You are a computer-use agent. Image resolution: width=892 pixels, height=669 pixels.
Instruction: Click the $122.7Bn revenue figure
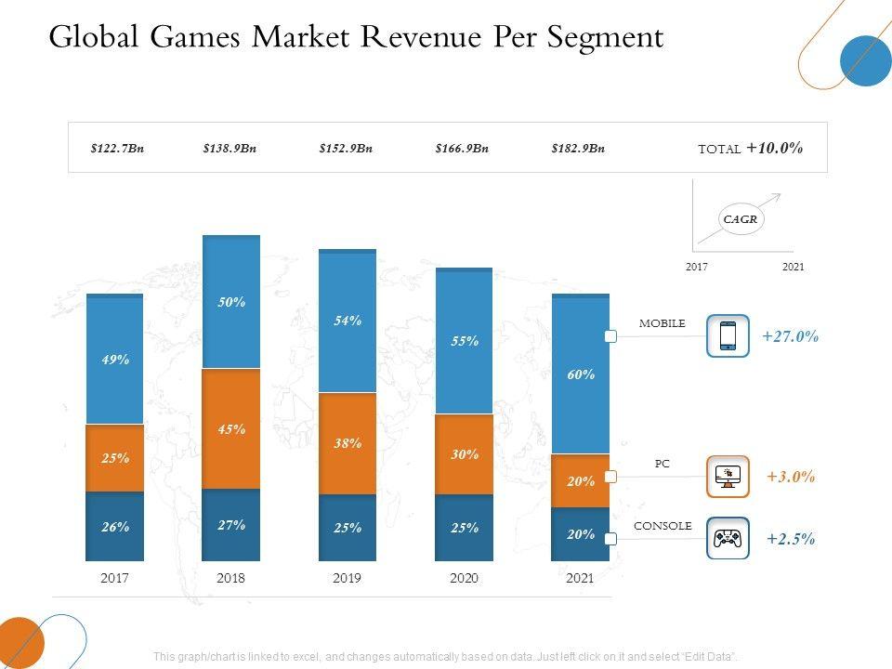click(117, 148)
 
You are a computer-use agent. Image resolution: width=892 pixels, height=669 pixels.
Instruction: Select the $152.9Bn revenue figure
click(347, 148)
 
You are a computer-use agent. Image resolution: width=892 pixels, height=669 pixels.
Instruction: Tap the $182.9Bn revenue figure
click(578, 148)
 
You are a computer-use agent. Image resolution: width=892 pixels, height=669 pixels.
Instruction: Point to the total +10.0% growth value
click(774, 148)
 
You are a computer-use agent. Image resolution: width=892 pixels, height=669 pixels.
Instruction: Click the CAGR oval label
click(741, 220)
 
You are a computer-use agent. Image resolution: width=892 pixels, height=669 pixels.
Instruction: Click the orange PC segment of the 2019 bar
click(348, 443)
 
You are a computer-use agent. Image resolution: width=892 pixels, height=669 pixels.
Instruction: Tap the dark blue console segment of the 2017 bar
click(115, 527)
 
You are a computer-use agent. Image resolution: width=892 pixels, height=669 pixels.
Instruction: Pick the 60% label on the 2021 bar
click(580, 374)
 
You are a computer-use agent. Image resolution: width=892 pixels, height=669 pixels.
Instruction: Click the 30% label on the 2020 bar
click(465, 454)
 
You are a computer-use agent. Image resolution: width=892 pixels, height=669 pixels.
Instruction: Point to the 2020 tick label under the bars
click(464, 578)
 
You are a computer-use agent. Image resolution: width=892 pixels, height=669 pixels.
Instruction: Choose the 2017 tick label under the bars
click(114, 578)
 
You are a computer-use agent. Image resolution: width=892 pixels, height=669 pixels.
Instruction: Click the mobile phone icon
click(728, 336)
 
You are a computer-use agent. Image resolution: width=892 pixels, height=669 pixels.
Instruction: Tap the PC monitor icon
click(728, 477)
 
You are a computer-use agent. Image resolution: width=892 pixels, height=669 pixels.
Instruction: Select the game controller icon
click(728, 538)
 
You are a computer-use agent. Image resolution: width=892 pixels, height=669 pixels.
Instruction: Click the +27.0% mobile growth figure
click(790, 336)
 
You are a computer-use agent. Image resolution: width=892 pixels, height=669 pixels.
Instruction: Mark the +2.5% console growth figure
click(791, 539)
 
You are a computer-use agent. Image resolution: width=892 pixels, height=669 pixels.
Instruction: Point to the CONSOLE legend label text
click(662, 526)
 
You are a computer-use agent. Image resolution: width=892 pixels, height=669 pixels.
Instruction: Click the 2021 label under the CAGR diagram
click(793, 268)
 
